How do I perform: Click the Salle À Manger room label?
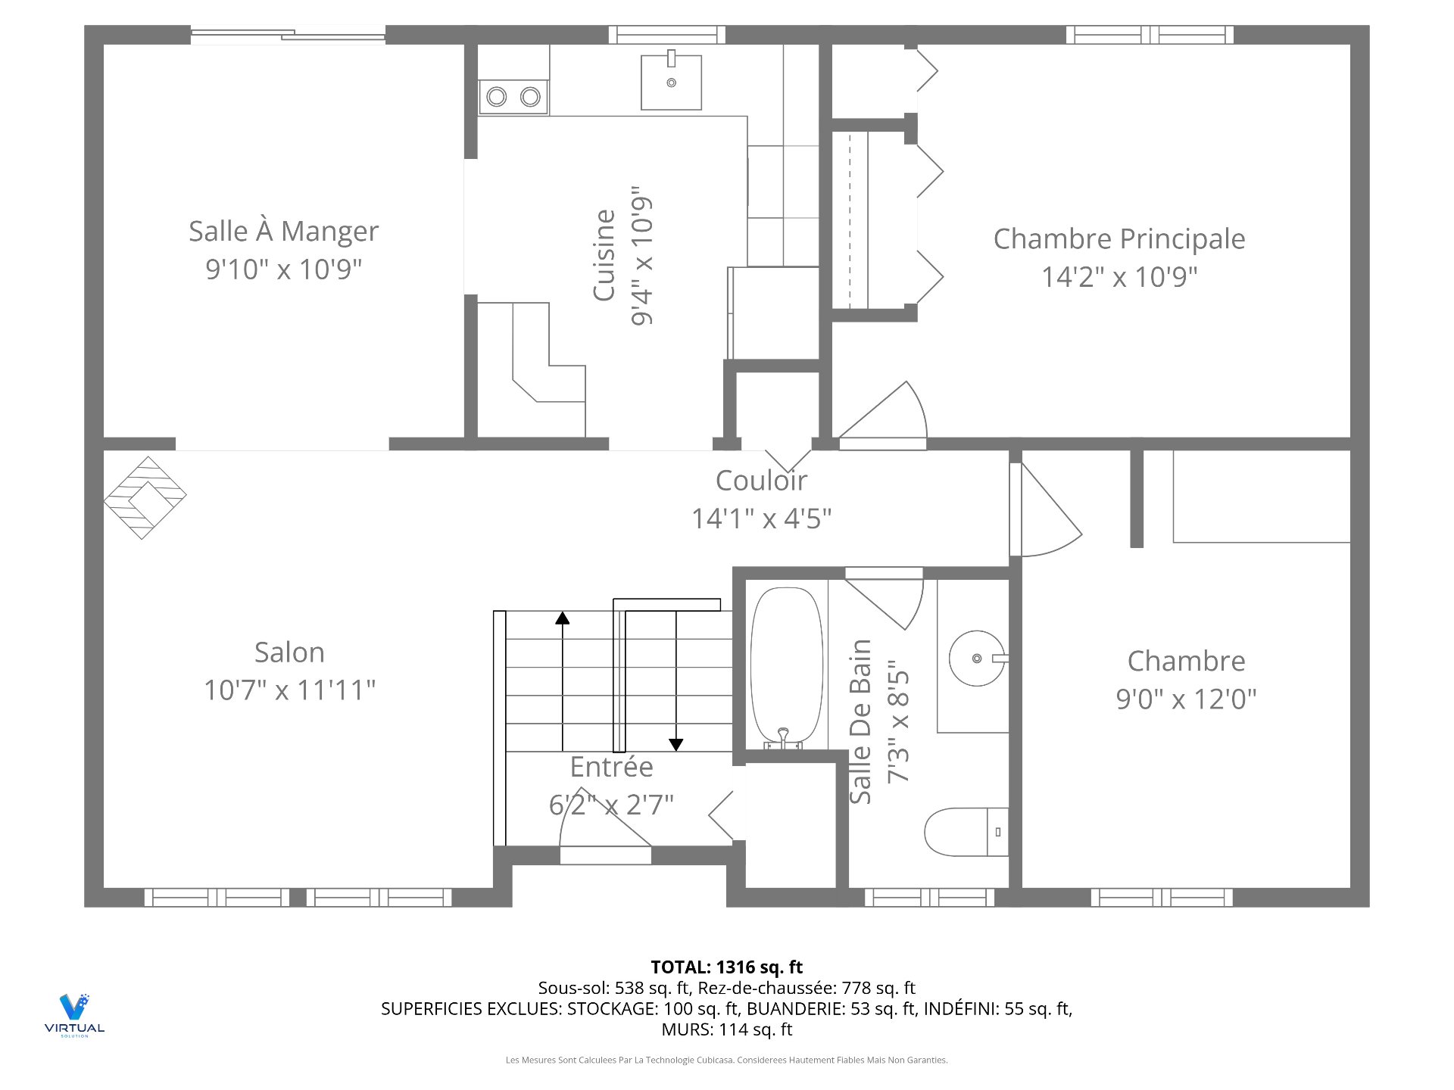[x=283, y=232]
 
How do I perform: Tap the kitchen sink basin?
[x=671, y=83]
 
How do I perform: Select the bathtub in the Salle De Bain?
[x=786, y=667]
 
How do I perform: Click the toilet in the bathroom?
[x=966, y=832]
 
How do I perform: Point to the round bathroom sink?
[x=977, y=659]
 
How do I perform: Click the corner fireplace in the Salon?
[x=145, y=497]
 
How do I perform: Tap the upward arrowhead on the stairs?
[x=562, y=618]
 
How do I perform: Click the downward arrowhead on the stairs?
[x=676, y=745]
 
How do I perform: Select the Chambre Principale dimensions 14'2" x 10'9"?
[x=1119, y=277]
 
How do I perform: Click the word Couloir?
[x=761, y=480]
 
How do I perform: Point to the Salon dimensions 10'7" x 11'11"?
[x=290, y=690]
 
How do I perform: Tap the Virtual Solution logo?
[x=74, y=1015]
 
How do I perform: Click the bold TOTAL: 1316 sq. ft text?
[x=727, y=967]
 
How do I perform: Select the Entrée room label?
[x=611, y=767]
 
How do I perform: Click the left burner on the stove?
[x=497, y=97]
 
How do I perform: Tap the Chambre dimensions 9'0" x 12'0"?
[x=1186, y=699]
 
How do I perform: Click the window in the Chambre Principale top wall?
[x=1150, y=35]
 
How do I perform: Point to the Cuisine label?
[x=604, y=255]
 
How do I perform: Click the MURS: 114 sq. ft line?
[x=727, y=1029]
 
